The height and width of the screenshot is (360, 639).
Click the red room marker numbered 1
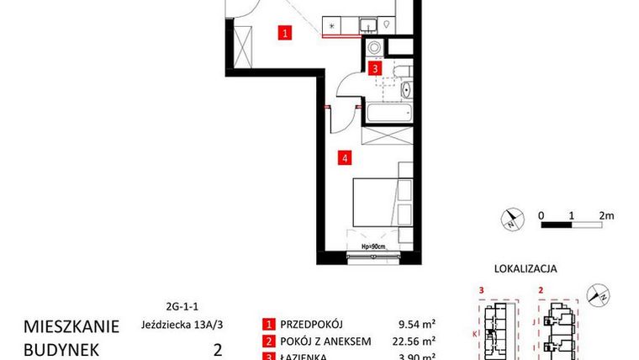click(x=286, y=34)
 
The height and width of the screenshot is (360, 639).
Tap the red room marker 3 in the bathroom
click(x=377, y=69)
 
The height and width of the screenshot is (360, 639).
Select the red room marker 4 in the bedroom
click(x=344, y=156)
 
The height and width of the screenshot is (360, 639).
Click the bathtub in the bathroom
click(x=388, y=111)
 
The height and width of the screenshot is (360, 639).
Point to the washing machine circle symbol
click(x=374, y=48)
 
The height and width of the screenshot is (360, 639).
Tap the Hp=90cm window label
click(x=373, y=246)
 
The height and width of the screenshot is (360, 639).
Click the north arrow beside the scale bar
click(x=511, y=221)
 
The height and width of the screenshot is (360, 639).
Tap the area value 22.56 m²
click(x=415, y=341)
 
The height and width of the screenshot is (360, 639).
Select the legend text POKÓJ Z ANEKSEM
click(x=327, y=341)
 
